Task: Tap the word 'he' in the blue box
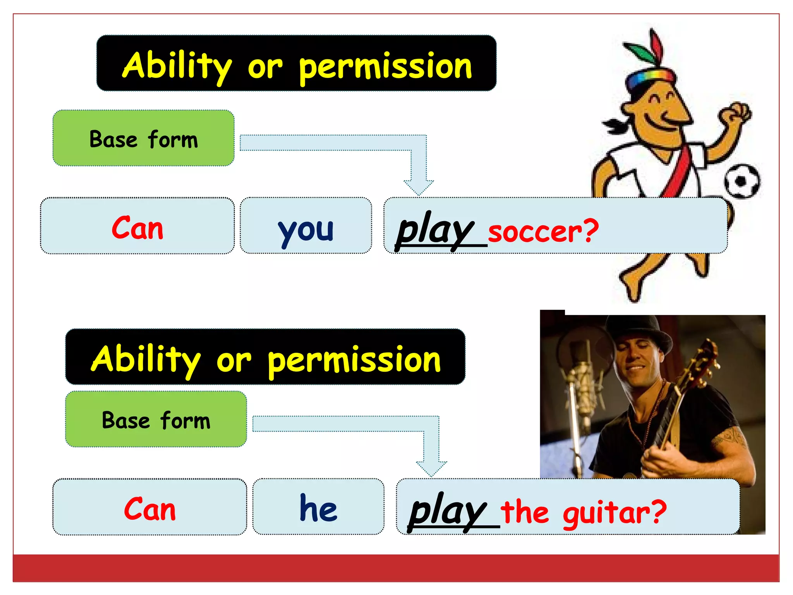[318, 508]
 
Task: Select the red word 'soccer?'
[543, 232]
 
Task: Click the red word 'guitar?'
[614, 513]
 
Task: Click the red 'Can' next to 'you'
[137, 228]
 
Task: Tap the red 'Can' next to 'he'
[150, 509]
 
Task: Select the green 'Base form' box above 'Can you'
[143, 138]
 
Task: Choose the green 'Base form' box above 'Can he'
[156, 420]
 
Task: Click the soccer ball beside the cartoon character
[742, 181]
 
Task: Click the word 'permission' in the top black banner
[385, 67]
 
